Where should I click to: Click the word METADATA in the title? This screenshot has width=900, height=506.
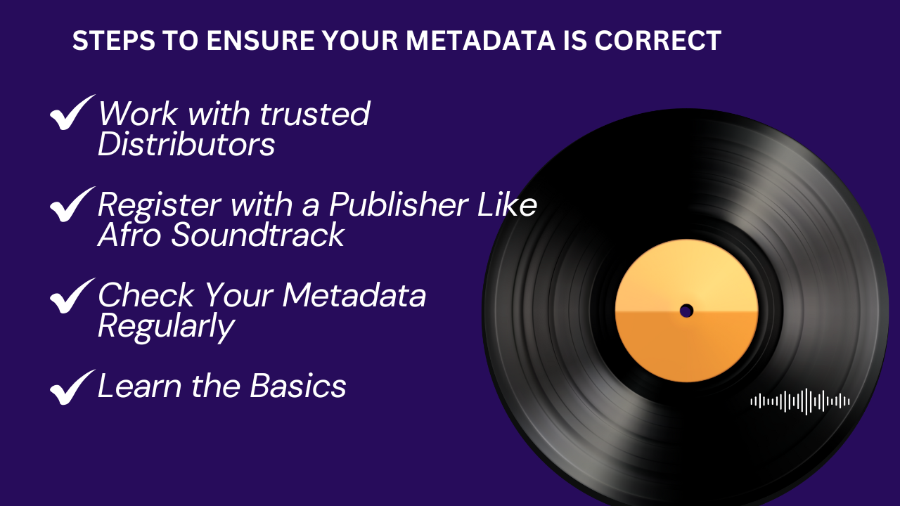(x=480, y=41)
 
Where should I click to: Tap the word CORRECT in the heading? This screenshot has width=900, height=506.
(x=657, y=41)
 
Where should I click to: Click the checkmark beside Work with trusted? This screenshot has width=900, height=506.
(x=72, y=112)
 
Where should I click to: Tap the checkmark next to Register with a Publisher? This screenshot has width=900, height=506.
(x=72, y=204)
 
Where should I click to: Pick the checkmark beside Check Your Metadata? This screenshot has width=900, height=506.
(x=72, y=296)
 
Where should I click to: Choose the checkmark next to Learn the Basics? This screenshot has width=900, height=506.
(x=72, y=387)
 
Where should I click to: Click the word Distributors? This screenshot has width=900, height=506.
(x=186, y=144)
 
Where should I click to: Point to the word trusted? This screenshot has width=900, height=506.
(x=315, y=114)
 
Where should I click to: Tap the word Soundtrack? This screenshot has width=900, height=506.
(x=258, y=235)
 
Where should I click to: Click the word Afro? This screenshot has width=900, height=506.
(x=130, y=235)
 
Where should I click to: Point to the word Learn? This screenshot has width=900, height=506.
(x=139, y=386)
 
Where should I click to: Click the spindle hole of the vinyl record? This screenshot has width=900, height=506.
(x=686, y=311)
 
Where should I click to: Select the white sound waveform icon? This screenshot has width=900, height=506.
(x=800, y=401)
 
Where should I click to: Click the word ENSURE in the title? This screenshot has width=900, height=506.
(x=260, y=41)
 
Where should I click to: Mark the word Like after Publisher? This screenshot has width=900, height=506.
(x=508, y=204)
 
